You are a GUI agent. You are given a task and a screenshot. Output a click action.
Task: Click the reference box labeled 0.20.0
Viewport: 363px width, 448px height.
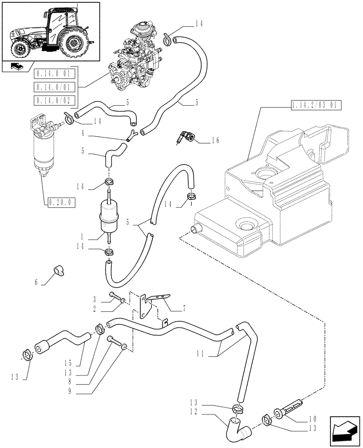[60, 202]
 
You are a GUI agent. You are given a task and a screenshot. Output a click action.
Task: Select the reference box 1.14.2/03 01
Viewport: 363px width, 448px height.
[316, 106]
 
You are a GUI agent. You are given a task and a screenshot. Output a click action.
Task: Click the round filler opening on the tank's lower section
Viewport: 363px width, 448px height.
[245, 224]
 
